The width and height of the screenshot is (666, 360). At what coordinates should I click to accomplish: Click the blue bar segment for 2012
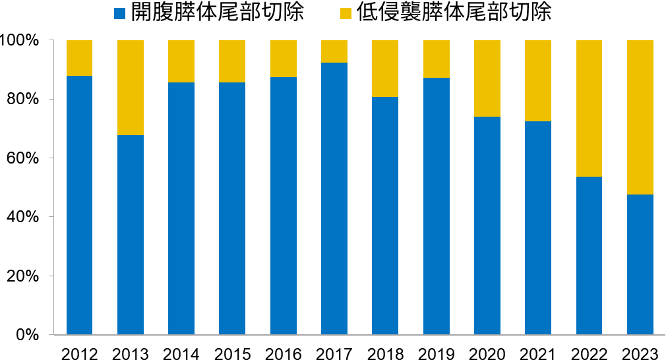79,205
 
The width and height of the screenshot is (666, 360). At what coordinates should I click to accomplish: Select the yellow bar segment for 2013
131,88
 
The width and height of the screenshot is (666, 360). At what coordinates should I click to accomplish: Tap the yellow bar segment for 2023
640,117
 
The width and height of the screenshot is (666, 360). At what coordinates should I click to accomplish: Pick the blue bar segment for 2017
334,198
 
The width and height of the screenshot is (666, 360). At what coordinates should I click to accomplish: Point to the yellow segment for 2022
589,108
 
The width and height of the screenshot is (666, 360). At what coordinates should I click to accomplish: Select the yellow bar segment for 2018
385,69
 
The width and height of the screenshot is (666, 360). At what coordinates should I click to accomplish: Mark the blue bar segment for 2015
232,208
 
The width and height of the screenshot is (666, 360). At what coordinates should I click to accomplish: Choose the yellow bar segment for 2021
538,80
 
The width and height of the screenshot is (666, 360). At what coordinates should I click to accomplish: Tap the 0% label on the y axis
29,335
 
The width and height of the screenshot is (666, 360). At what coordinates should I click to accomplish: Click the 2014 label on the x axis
181,354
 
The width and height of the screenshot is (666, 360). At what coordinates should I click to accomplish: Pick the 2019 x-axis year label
436,354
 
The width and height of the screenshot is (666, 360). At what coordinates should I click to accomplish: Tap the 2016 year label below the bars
284,354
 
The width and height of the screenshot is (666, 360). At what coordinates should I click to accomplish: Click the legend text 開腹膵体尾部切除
218,13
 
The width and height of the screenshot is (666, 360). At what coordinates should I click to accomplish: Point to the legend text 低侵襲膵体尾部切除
454,13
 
